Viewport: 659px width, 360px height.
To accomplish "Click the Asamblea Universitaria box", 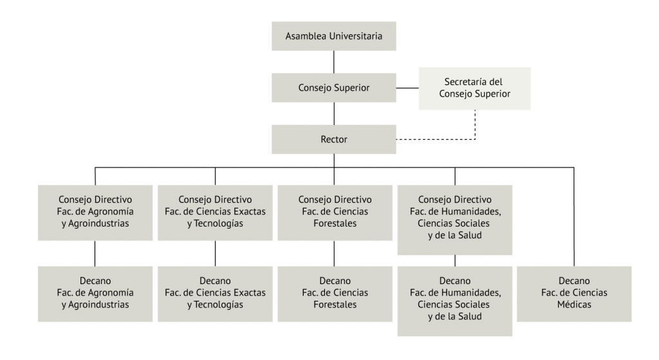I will pos(333,36).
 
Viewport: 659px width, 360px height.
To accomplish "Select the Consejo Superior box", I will pos(333,87).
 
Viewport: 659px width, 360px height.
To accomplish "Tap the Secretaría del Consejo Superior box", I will pos(475,88).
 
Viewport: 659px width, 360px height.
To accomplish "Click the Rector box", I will pos(333,138).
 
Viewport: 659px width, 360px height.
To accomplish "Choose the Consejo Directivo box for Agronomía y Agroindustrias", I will pos(95,213).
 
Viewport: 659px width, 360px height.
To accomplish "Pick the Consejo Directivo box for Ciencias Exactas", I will pos(215,213).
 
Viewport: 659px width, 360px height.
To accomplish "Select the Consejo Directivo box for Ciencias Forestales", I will pos(333,213).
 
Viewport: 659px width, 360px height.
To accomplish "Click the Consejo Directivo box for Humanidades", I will pos(455,220).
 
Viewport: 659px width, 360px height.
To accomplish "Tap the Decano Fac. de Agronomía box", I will pos(95,293).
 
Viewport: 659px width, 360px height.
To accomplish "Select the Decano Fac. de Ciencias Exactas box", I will pos(215,293).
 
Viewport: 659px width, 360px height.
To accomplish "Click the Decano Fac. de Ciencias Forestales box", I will pos(333,293).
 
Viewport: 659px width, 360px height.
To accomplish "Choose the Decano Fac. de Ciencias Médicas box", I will pos(574,293).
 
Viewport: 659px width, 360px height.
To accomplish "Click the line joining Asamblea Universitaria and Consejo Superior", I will pos(333,61).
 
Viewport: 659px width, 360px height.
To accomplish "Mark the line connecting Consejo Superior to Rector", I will pos(333,113).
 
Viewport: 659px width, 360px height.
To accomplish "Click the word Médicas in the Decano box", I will pos(574,305).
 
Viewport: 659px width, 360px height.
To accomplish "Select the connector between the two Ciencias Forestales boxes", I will pos(333,253).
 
